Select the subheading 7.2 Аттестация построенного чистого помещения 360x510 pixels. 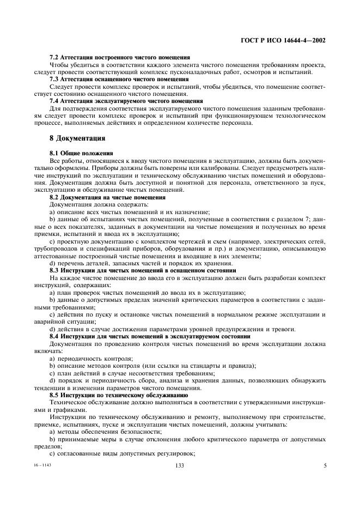pos(119,57)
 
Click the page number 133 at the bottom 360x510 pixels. pos(180,465)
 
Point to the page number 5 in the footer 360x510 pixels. pos(325,465)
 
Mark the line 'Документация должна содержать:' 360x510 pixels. pos(87,204)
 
